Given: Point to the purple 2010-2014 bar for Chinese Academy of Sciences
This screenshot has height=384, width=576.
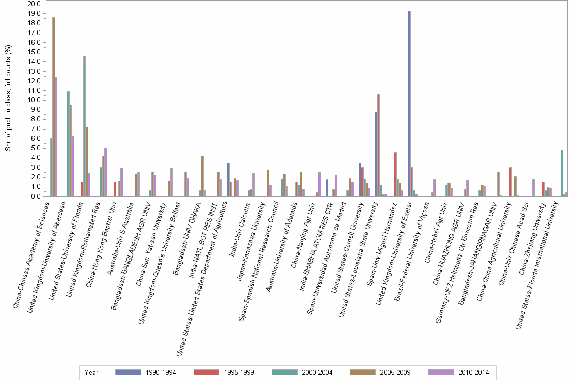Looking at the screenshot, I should [56, 137].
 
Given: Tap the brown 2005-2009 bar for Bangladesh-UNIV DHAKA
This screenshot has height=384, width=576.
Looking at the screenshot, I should [202, 176].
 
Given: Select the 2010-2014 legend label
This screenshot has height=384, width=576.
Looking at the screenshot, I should [473, 372].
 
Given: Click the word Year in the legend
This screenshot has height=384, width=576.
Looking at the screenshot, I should [91, 372].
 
